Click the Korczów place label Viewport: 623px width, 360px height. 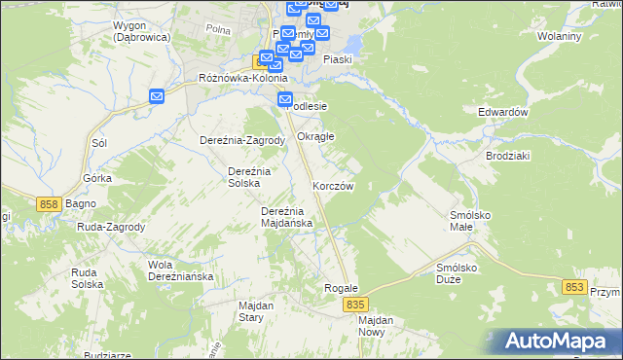coord(332,185)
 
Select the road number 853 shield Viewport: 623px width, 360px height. coord(574,287)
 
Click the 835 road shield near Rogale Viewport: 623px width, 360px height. coord(354,305)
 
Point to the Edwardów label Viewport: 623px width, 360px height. coord(502,112)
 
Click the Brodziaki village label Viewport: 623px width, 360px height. coord(507,156)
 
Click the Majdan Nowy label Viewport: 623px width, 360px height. coord(375,326)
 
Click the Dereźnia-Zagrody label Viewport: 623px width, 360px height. coord(241,140)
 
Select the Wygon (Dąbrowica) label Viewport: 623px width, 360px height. coord(141,30)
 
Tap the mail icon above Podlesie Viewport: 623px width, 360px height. coord(285,98)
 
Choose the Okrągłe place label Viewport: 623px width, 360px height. coord(315,136)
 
